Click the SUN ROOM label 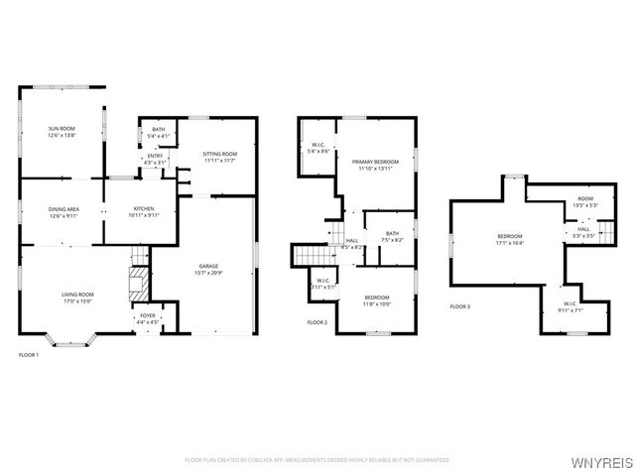tap(63, 128)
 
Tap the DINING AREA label tap(63, 209)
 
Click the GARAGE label tap(208, 266)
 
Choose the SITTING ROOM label tap(219, 154)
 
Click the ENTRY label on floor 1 tap(155, 156)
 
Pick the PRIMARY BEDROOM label tap(375, 162)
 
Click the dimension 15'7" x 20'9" tap(208, 273)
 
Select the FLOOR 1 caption tap(29, 354)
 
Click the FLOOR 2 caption tap(317, 322)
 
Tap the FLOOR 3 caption tap(460, 306)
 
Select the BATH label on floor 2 tap(392, 233)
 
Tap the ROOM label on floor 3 tap(585, 199)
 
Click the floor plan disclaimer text tap(317, 460)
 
